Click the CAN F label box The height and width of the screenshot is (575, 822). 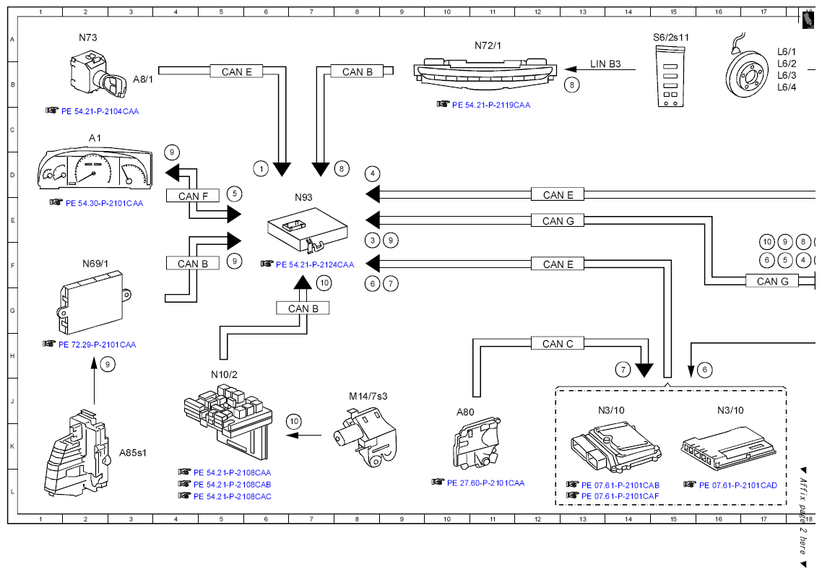(x=193, y=196)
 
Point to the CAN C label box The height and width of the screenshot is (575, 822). (x=557, y=343)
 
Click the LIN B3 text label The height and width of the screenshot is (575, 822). (x=605, y=64)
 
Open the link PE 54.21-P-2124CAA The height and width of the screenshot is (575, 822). (x=315, y=264)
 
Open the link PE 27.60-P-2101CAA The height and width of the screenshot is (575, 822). (x=485, y=483)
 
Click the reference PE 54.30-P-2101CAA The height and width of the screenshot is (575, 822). (x=104, y=204)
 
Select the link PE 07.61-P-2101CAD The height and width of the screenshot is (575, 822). (x=738, y=485)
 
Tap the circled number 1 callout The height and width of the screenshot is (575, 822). (x=261, y=169)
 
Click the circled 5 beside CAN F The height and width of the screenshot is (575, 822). (x=234, y=194)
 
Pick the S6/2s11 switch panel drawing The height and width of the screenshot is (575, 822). (x=670, y=76)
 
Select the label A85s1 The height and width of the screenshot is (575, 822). (x=133, y=453)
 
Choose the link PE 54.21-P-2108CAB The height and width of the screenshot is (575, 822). (x=233, y=485)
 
